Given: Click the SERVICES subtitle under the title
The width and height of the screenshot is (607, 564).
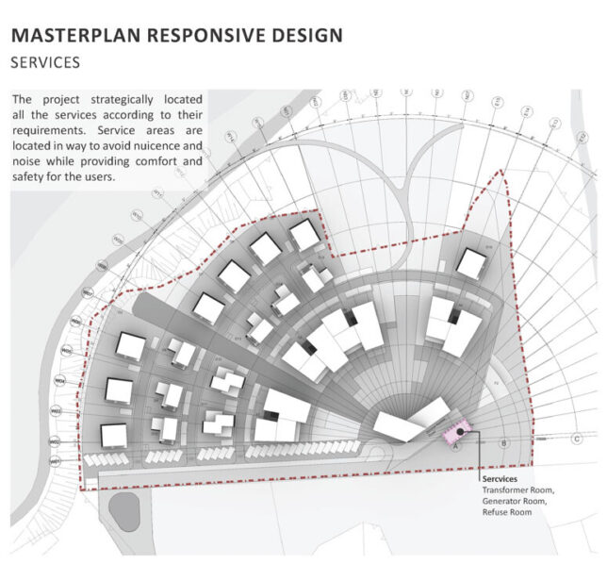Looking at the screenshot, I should pyautogui.click(x=45, y=63).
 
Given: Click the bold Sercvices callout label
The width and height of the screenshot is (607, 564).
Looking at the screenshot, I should pyautogui.click(x=500, y=479).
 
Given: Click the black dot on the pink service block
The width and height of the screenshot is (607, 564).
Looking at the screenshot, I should pyautogui.click(x=460, y=430).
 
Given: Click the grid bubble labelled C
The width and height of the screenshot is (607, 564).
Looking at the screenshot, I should pyautogui.click(x=576, y=438).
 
